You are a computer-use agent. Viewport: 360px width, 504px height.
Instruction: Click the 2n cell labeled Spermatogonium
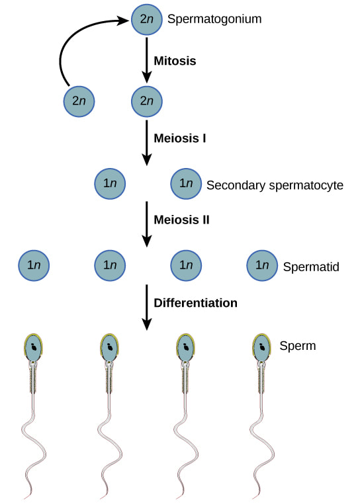[x=146, y=19]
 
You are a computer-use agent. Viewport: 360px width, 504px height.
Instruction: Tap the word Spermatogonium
[x=214, y=19]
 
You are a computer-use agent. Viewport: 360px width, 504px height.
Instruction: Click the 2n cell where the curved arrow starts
[x=79, y=102]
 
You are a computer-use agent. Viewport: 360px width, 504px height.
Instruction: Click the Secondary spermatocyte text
[x=275, y=185]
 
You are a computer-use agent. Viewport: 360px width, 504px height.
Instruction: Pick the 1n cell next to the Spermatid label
[x=262, y=265]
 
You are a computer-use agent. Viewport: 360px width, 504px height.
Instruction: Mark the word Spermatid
[x=311, y=267]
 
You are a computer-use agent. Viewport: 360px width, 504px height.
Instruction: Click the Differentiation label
[x=195, y=304]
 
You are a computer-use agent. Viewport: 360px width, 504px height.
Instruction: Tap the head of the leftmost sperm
[x=34, y=348]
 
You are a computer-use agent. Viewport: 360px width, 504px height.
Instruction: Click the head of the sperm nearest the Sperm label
[x=263, y=348]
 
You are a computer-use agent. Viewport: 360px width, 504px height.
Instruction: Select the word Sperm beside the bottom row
[x=298, y=346]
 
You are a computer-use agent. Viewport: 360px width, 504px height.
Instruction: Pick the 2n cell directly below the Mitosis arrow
[x=146, y=102]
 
